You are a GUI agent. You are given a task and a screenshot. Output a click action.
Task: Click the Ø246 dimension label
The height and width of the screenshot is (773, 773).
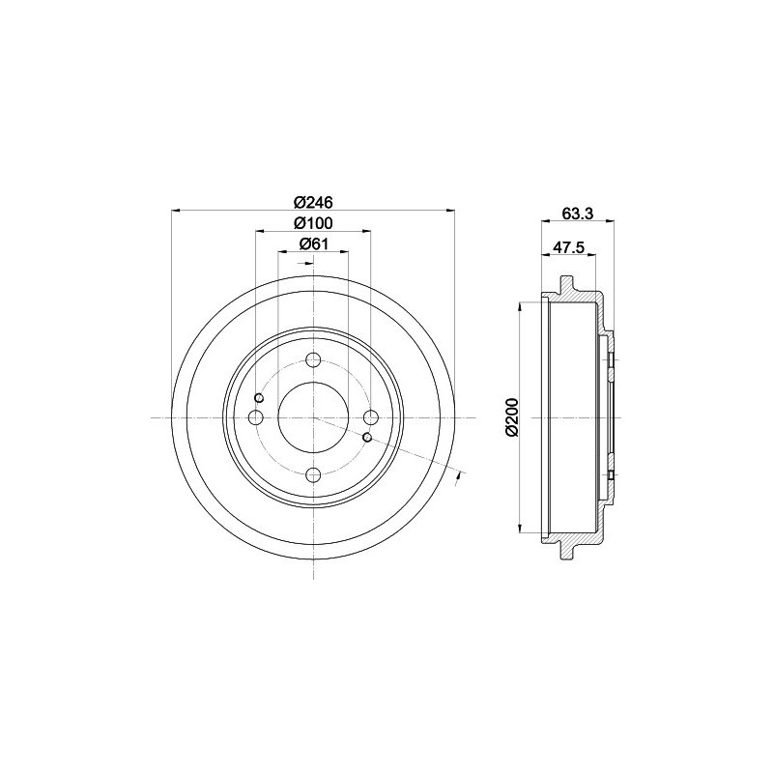point(313,202)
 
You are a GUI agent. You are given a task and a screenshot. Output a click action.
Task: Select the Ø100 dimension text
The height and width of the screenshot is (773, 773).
point(313,223)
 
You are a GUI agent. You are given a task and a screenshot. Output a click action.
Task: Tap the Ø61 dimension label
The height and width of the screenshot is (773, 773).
point(313,243)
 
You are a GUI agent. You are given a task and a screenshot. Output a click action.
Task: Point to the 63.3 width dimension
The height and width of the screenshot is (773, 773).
point(577,213)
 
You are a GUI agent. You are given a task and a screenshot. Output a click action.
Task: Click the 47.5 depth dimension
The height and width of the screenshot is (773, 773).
point(568,247)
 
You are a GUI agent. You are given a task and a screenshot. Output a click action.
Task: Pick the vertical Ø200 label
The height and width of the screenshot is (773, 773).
point(512,417)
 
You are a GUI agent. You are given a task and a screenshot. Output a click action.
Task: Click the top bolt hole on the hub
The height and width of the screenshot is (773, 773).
point(313,359)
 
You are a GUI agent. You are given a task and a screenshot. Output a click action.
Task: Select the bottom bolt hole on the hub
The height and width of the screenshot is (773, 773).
point(313,475)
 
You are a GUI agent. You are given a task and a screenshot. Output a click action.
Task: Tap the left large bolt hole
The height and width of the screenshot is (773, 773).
point(256,417)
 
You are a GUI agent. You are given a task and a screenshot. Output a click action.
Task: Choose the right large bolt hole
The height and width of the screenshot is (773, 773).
point(371,417)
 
